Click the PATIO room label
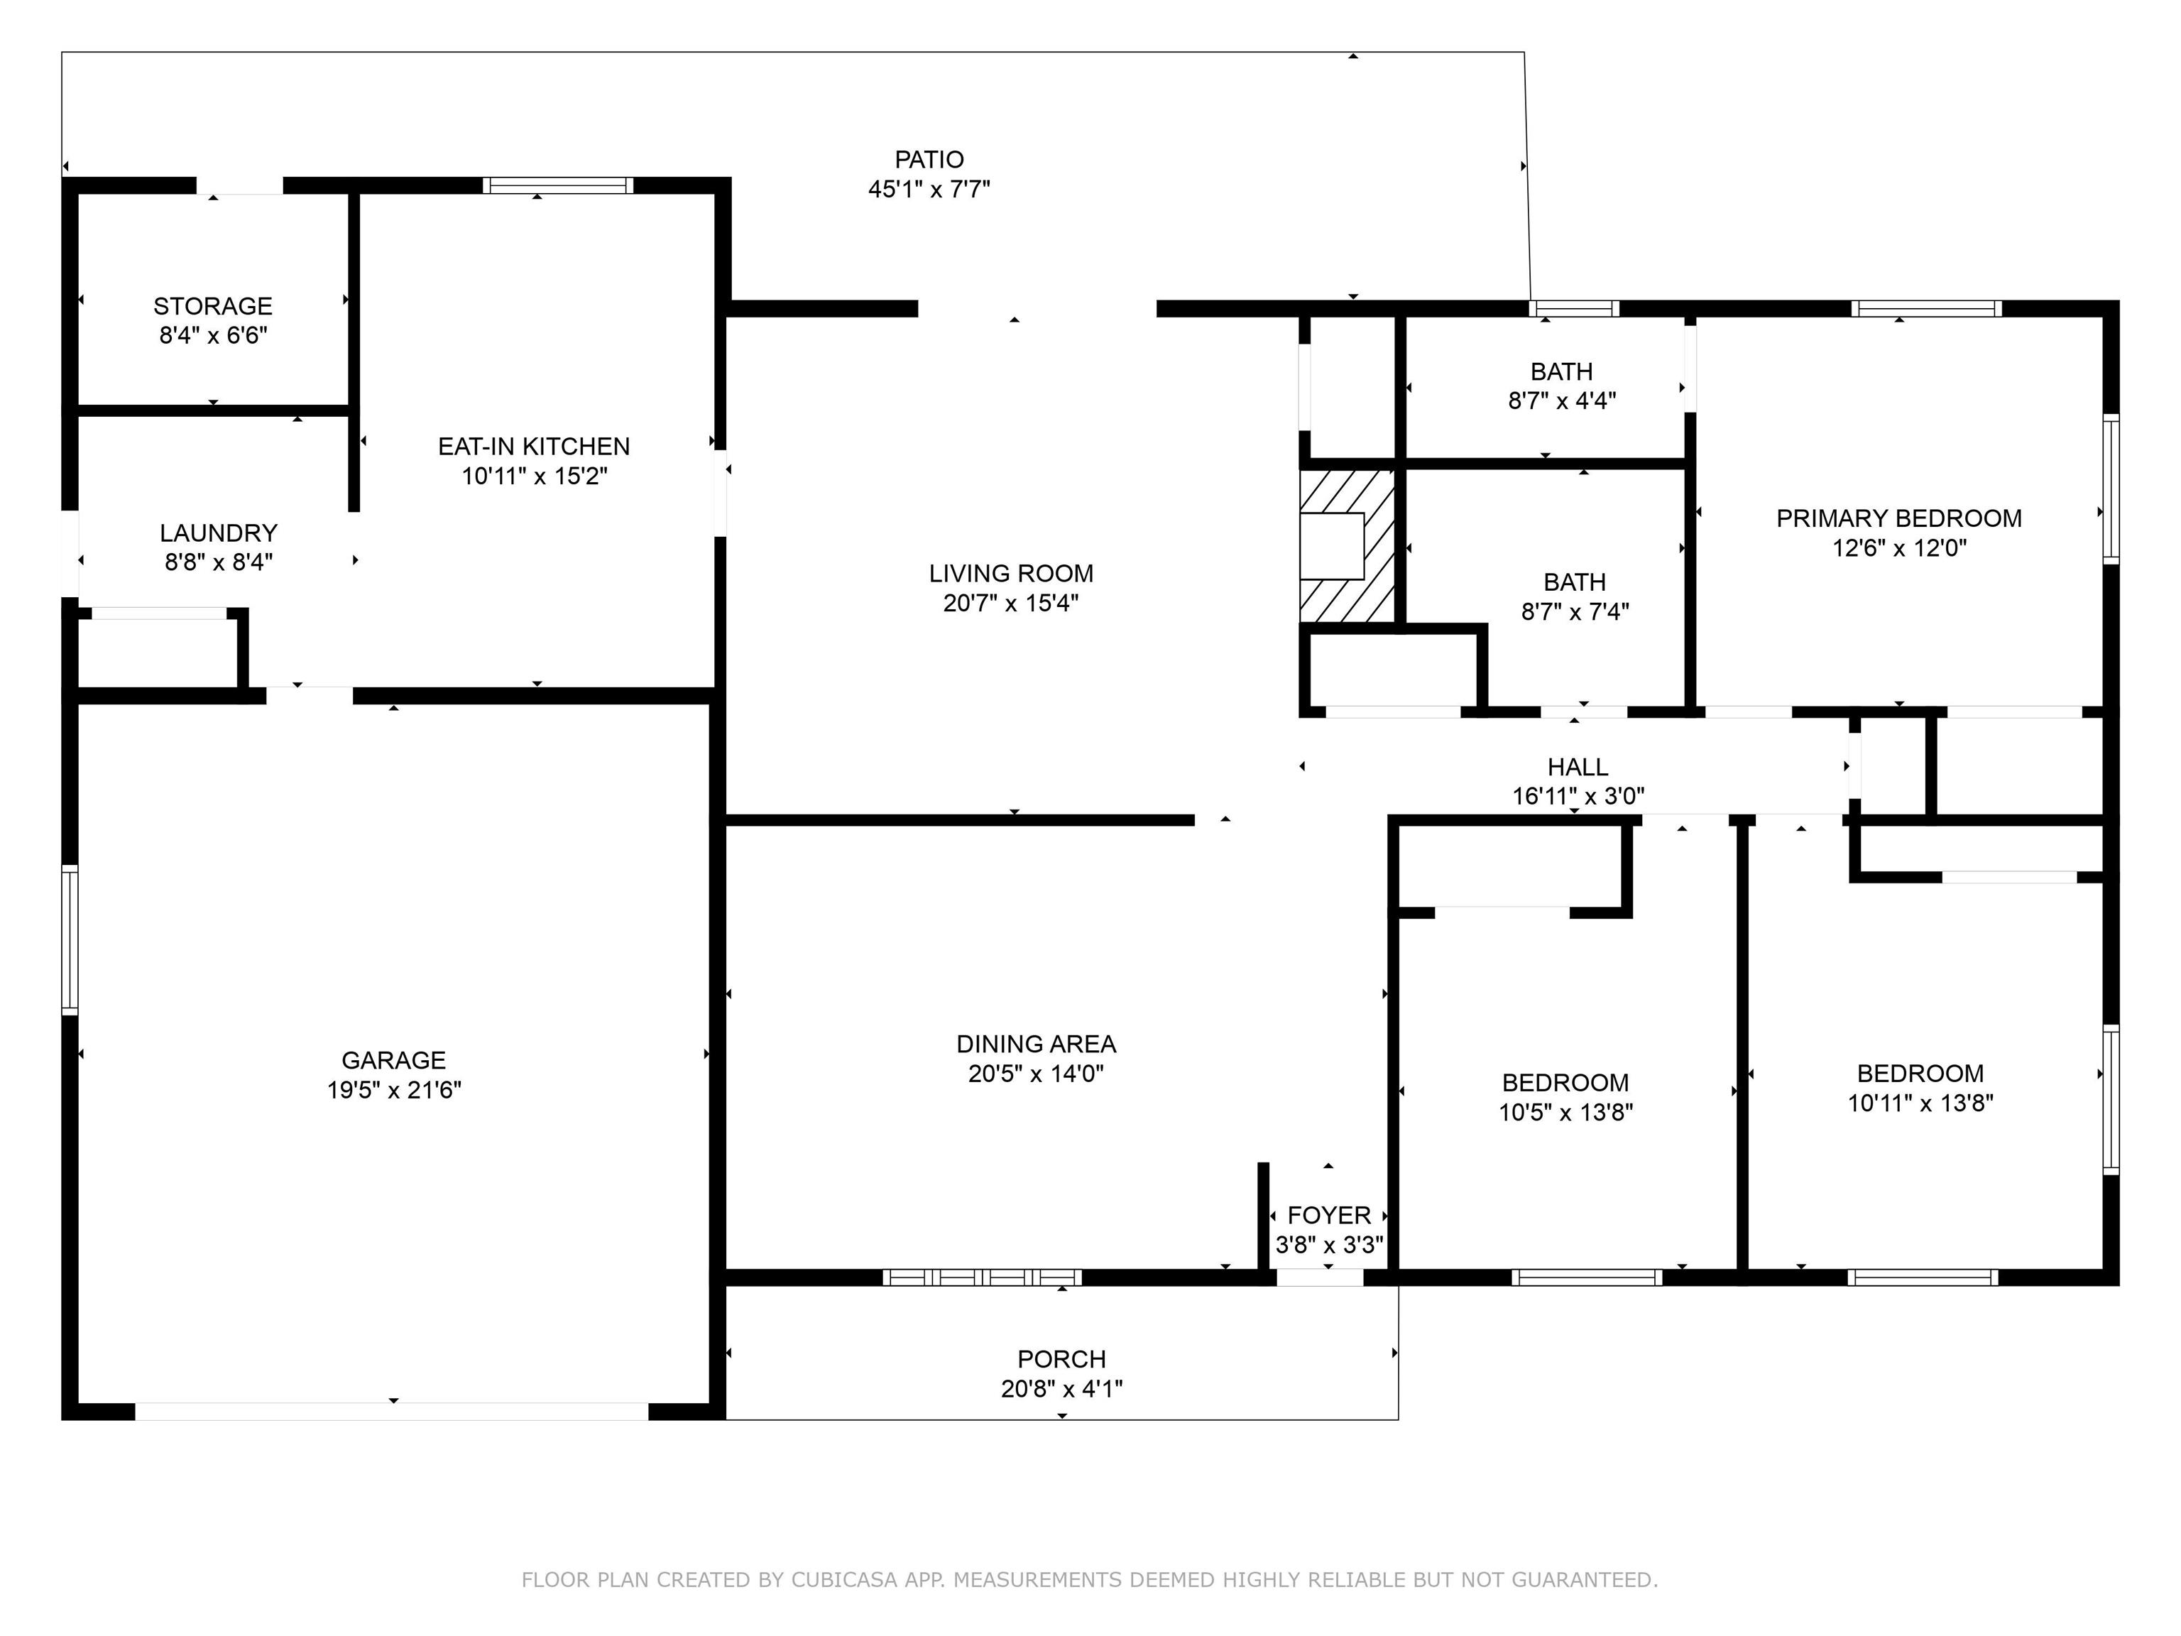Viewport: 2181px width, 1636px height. click(929, 160)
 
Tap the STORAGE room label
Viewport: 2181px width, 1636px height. click(213, 307)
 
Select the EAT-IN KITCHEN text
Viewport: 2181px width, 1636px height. click(533, 447)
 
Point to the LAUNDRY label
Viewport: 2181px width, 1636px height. click(218, 533)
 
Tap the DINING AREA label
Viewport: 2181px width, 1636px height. click(1037, 1045)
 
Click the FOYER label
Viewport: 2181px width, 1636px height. click(1329, 1216)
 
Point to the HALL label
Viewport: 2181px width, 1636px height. click(1578, 767)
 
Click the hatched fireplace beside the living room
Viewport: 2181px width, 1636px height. click(1347, 546)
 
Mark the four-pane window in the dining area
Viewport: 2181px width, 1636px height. click(982, 1277)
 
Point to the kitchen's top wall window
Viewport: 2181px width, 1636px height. click(558, 185)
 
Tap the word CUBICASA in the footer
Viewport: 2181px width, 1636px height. click(844, 1580)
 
